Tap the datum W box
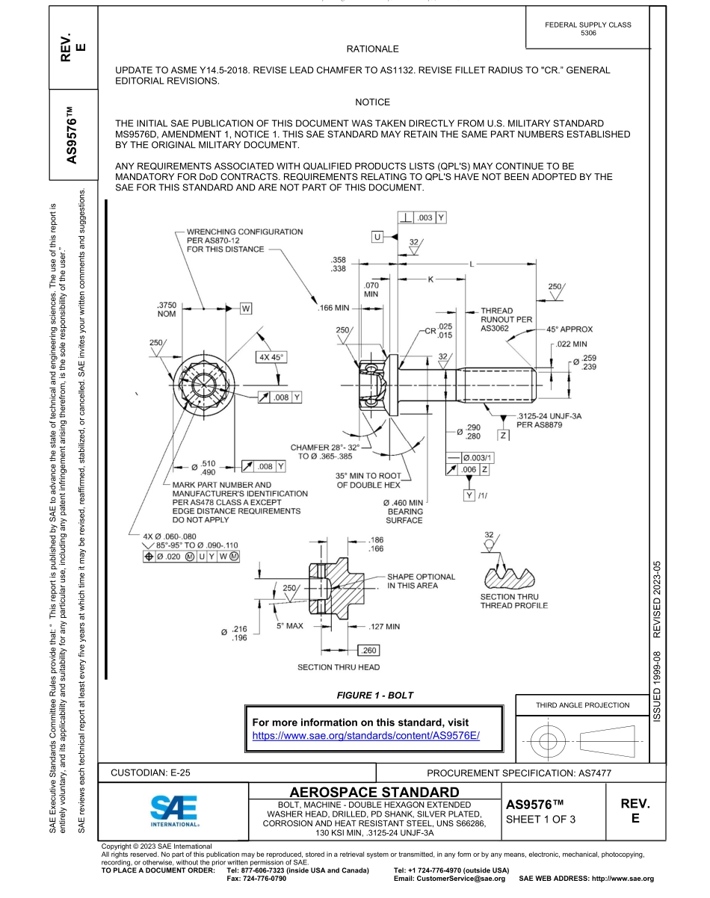pos(246,308)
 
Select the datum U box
pos(377,237)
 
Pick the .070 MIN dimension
pos(371,290)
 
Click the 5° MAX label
pos(289,626)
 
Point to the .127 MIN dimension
pos(385,626)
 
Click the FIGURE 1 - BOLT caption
pos(374,696)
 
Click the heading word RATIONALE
pos(372,49)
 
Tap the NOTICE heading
pos(372,102)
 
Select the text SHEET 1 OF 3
pos(542,819)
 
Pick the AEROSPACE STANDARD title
pos(374,791)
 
